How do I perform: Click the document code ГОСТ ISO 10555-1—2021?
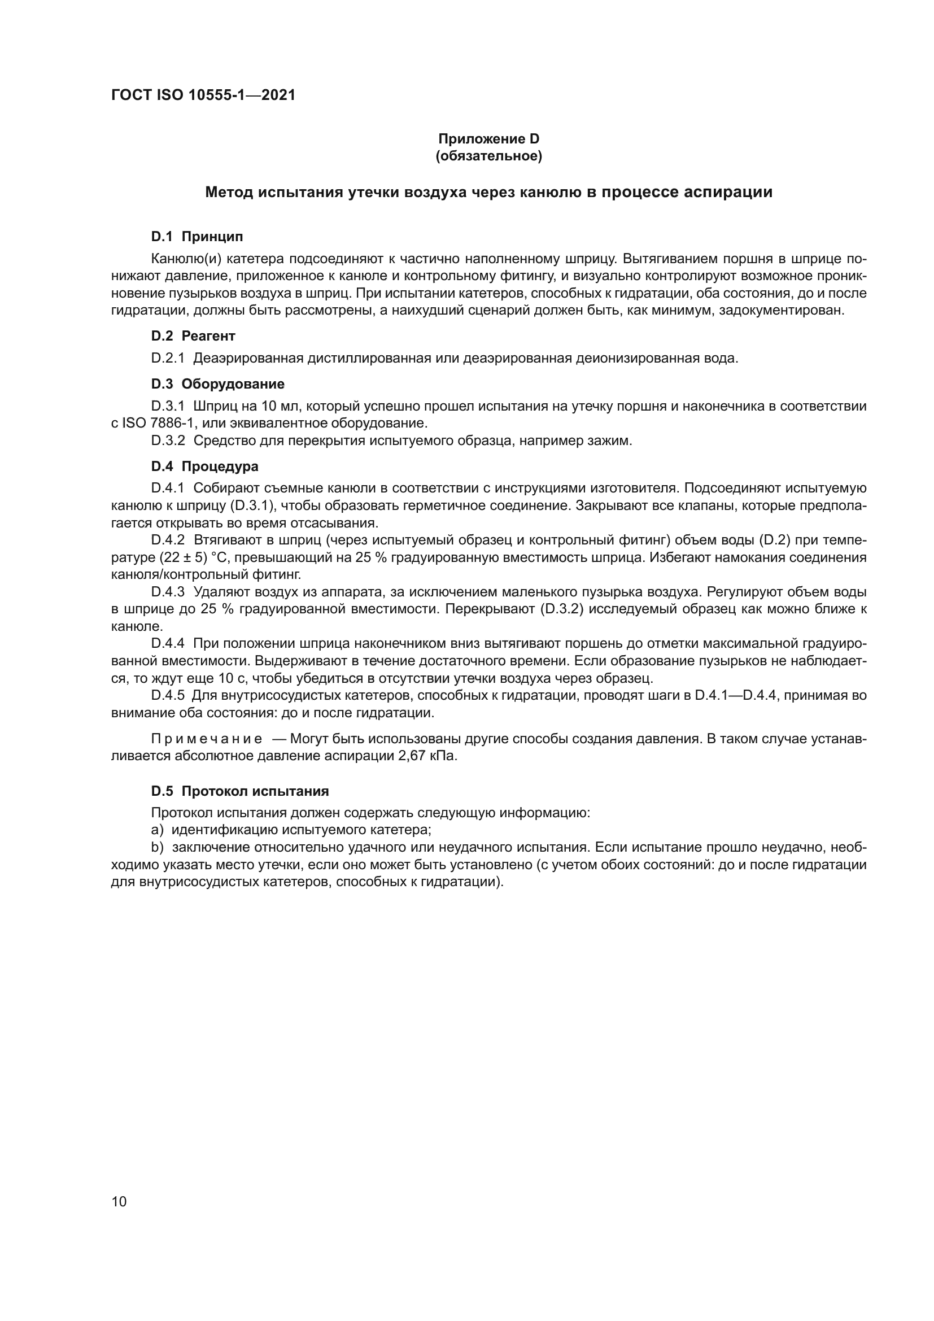click(203, 95)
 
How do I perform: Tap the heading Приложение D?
click(489, 139)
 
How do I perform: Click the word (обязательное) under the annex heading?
click(489, 156)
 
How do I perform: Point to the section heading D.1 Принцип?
click(197, 237)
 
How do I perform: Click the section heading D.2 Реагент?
click(193, 335)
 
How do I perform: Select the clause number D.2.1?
click(167, 359)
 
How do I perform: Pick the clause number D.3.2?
click(168, 441)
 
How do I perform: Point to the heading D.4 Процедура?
click(205, 466)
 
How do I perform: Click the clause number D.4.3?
click(168, 592)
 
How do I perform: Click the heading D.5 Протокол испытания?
click(240, 791)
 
